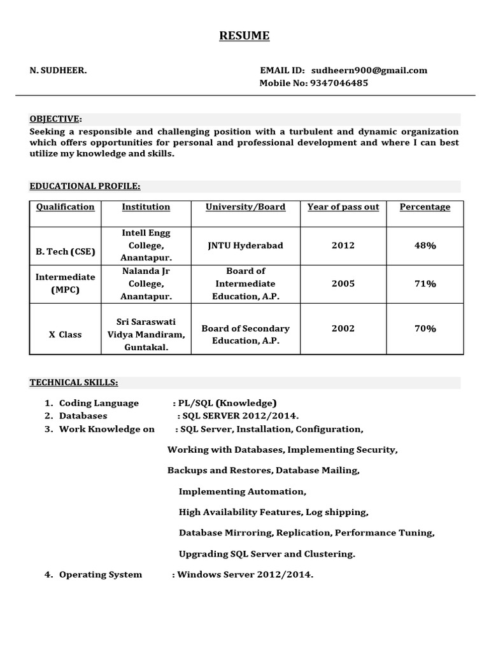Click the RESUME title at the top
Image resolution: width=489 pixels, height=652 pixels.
244,36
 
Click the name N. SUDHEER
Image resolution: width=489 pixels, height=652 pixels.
59,71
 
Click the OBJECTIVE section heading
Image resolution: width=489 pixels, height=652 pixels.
55,119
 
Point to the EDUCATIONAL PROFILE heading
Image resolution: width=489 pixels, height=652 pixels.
85,186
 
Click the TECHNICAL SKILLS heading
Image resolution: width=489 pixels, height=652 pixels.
74,382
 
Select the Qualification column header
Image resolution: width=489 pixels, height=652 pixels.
65,207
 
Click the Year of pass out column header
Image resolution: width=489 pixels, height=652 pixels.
343,207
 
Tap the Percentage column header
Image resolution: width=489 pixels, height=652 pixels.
425,207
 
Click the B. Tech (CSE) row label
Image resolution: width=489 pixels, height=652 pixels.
66,252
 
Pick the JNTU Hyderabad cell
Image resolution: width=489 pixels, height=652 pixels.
245,245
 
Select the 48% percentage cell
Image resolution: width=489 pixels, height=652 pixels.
425,245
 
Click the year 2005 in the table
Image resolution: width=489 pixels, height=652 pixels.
343,283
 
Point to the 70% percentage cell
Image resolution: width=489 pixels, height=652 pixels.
425,329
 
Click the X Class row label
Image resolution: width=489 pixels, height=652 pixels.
66,334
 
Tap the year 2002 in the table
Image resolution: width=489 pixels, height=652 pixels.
343,329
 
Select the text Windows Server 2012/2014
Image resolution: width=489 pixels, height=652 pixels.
245,574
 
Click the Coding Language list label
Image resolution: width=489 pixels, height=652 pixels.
99,403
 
